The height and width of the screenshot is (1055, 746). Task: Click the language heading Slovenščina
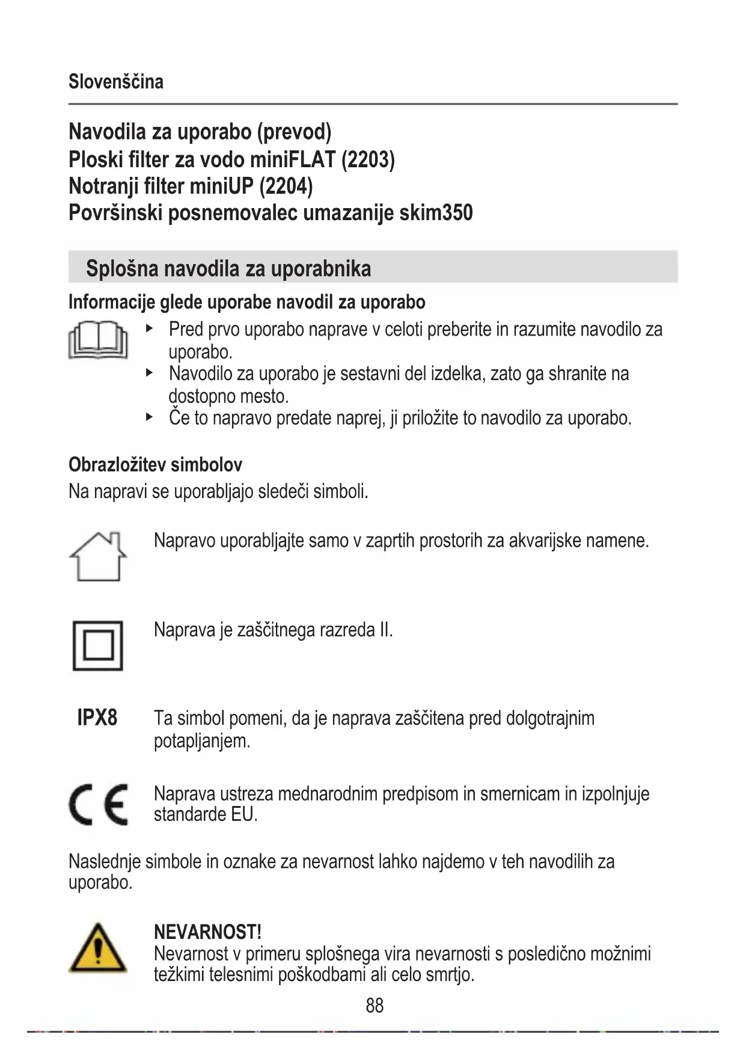[116, 81]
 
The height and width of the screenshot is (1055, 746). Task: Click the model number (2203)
[368, 159]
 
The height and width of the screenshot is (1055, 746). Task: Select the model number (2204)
[286, 186]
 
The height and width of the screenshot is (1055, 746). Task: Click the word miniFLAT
[293, 159]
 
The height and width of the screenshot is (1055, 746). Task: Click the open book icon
[98, 339]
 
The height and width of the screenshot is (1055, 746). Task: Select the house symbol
[98, 556]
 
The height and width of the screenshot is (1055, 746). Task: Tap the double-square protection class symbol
[98, 645]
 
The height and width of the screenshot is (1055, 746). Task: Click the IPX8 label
[97, 718]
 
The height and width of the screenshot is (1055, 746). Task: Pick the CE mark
[98, 804]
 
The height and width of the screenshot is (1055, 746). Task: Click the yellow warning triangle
[98, 949]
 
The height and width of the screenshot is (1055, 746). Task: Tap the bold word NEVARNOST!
[207, 932]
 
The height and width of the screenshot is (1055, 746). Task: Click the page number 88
[375, 1005]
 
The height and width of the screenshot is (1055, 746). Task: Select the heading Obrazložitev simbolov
[155, 464]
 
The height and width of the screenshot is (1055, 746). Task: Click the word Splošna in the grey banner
[122, 268]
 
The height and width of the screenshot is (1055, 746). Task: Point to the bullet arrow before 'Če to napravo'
[150, 416]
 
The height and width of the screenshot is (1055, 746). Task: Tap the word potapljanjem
[201, 740]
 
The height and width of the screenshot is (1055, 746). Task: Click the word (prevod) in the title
[294, 132]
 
